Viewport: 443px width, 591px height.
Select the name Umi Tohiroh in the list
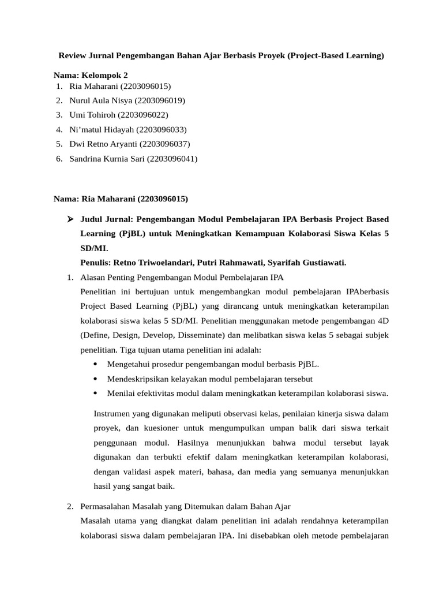pyautogui.click(x=92, y=115)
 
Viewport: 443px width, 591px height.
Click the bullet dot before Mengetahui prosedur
pyautogui.click(x=95, y=364)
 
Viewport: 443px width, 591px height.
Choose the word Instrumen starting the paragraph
pyautogui.click(x=111, y=414)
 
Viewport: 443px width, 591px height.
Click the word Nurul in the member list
pyautogui.click(x=80, y=100)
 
